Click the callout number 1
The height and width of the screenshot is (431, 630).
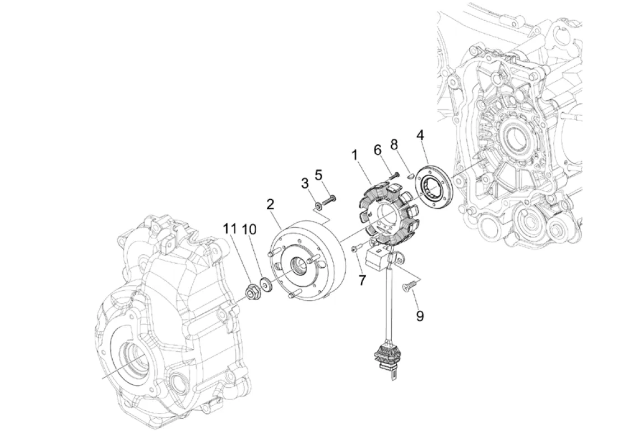(355, 155)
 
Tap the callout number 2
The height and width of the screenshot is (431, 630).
(270, 204)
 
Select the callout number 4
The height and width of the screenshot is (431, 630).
(420, 135)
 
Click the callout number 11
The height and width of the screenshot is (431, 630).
(230, 229)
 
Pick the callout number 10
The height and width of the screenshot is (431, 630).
(249, 229)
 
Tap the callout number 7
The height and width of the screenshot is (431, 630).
(363, 280)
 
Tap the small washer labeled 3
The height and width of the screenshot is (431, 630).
(318, 207)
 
